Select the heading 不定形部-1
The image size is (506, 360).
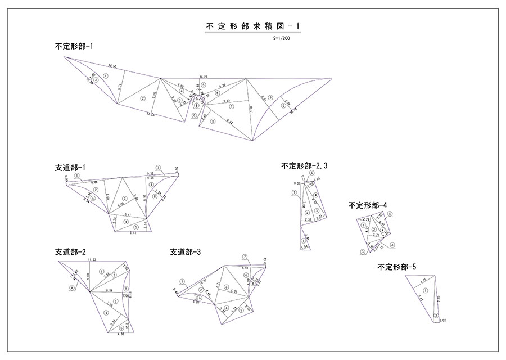pos(74,47)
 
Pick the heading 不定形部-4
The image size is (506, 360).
pos(368,205)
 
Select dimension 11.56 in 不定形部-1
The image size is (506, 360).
pos(150,115)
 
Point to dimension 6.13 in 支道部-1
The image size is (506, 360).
pos(133,232)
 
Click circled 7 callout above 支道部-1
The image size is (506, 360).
pos(159,168)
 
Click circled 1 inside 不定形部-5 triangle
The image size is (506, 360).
pos(425,290)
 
